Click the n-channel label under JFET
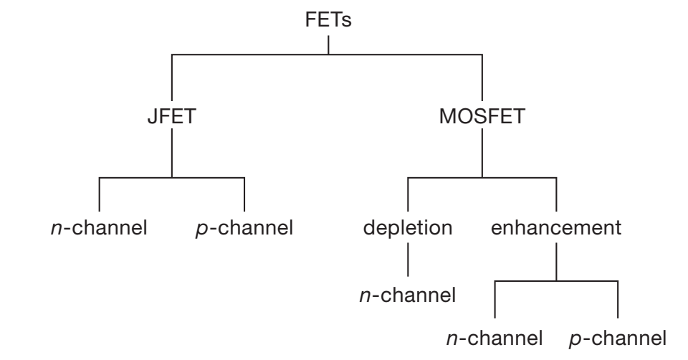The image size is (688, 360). point(95,229)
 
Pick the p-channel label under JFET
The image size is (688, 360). point(244,229)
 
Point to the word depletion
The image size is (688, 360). point(408,229)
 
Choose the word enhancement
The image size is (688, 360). point(555,229)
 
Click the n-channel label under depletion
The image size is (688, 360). point(408,294)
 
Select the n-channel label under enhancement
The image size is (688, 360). point(494,337)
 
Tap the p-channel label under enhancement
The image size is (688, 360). point(617,337)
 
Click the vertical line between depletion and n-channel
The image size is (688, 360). point(408,261)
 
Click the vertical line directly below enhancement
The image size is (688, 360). point(555,262)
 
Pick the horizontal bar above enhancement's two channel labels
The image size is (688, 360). point(555,281)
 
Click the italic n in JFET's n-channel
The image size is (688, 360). point(48,231)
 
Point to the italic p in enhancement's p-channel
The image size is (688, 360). point(574,338)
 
